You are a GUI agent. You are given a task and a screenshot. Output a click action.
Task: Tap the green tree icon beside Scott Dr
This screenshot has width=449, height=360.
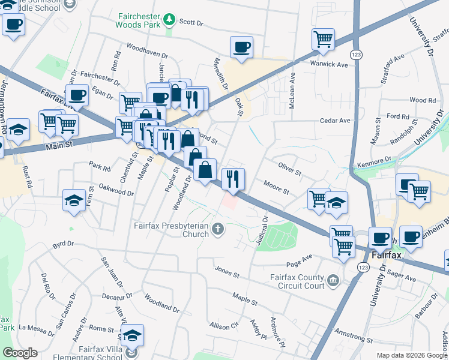click(170, 20)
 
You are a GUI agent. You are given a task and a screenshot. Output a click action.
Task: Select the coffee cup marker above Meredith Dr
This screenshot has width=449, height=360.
click(241, 47)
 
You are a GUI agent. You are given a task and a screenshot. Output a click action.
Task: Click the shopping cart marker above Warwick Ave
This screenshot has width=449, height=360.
click(323, 39)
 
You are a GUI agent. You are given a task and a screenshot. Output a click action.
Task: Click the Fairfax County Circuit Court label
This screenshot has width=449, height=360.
click(297, 281)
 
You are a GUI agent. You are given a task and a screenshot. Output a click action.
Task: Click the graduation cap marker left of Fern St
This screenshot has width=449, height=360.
click(74, 200)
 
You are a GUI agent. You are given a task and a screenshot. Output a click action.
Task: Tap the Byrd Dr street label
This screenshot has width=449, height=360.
click(62, 244)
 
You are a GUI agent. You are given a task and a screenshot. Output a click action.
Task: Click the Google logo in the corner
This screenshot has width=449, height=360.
click(20, 353)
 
